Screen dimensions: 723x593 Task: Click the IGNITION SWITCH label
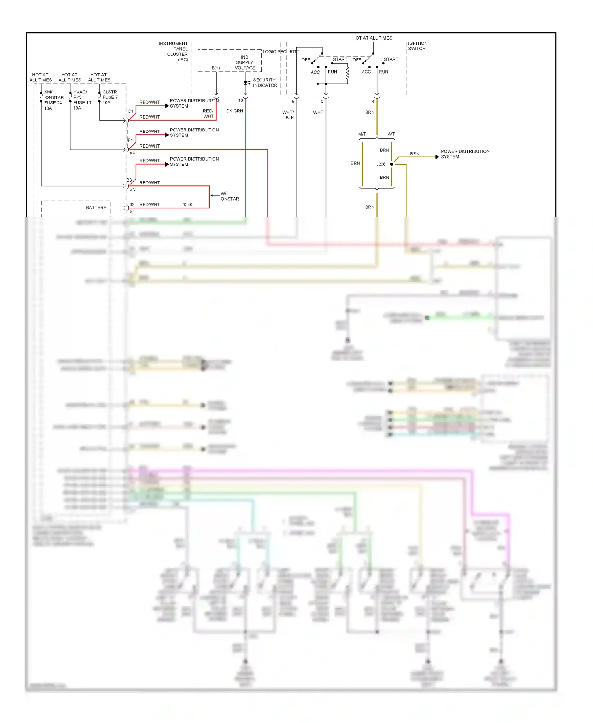(x=417, y=46)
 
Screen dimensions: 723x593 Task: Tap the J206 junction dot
(x=391, y=164)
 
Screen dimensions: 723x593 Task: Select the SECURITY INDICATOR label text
(x=264, y=83)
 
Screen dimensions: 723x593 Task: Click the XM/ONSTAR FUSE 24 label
(x=53, y=100)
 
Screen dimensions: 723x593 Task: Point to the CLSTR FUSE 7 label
(x=110, y=97)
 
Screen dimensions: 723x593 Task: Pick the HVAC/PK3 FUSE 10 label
(x=81, y=100)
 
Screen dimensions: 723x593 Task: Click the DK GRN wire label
(x=234, y=111)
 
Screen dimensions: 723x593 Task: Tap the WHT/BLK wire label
(x=289, y=115)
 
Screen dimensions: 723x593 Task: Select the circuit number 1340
(x=187, y=205)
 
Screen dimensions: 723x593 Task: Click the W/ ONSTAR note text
(x=229, y=196)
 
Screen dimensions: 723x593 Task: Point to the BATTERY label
(x=96, y=208)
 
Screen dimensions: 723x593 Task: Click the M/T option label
(x=362, y=134)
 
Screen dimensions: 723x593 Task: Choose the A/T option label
(x=391, y=134)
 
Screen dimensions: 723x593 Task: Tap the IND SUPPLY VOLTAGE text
(x=245, y=62)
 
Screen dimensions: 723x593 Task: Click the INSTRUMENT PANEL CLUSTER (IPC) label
(x=174, y=51)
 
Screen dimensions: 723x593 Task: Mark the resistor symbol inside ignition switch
(x=347, y=74)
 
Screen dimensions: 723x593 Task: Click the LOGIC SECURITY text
(x=281, y=52)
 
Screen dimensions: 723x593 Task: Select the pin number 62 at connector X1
(x=132, y=205)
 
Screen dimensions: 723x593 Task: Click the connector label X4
(x=132, y=153)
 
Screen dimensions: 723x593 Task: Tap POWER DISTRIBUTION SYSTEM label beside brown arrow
(x=465, y=154)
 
